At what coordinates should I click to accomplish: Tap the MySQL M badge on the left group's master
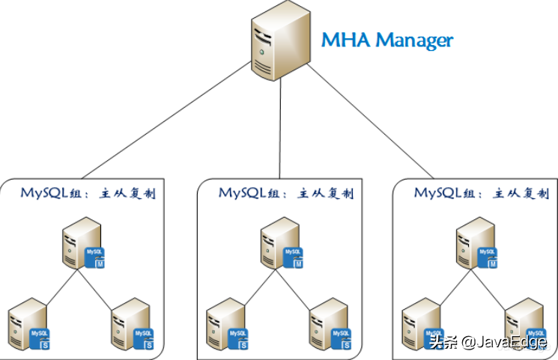tap(96, 257)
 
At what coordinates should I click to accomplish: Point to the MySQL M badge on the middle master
tap(294, 257)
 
